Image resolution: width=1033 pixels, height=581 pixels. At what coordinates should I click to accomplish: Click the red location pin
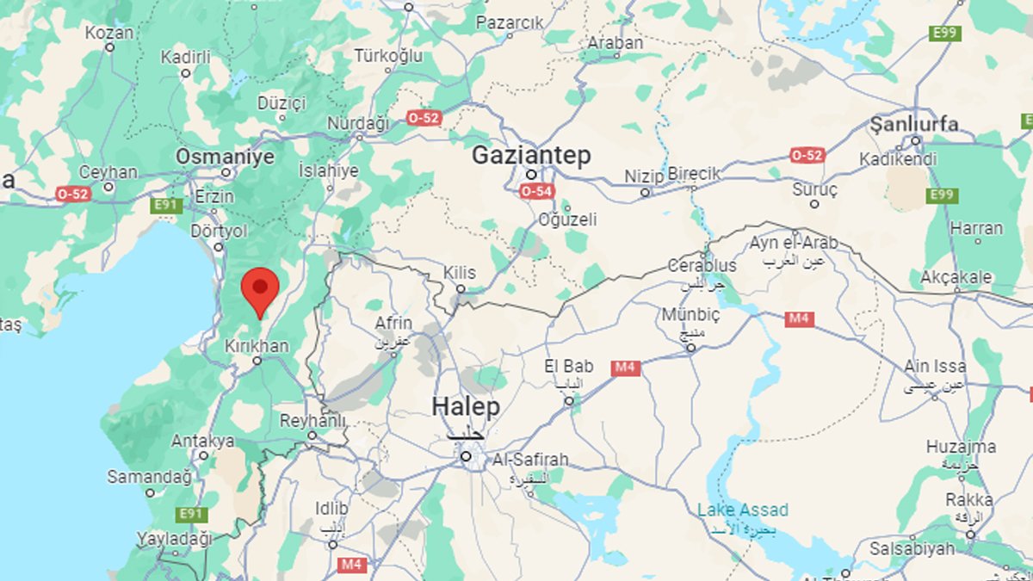tap(260, 290)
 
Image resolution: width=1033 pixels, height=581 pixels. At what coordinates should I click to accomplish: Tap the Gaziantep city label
tap(531, 156)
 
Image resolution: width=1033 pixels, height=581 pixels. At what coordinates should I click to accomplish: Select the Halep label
tap(465, 406)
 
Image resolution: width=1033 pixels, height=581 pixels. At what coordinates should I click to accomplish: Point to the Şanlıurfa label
tap(914, 124)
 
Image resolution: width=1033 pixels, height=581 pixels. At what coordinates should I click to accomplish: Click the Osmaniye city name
tap(225, 157)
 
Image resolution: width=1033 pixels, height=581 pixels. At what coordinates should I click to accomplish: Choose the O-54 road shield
tap(536, 191)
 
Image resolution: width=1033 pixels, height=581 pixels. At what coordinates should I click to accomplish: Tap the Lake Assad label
tap(742, 510)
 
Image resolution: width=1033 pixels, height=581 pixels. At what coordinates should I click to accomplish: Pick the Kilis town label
tap(460, 272)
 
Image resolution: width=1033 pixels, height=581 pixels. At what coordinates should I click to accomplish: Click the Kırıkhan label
tap(256, 344)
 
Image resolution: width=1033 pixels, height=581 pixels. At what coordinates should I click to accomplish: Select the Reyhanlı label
tap(312, 421)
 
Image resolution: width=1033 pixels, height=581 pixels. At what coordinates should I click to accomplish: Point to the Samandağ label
tap(142, 476)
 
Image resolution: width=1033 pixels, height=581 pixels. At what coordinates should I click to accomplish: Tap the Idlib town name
tap(331, 508)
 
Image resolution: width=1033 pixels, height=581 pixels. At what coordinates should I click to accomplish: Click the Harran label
tap(976, 228)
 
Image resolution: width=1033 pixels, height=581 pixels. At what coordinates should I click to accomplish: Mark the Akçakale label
tap(956, 277)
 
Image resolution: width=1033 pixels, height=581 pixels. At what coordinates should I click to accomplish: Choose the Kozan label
tap(109, 33)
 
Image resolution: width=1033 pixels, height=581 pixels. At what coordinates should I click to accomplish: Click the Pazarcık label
tap(510, 23)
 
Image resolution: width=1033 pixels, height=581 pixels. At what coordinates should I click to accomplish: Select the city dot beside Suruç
tap(814, 204)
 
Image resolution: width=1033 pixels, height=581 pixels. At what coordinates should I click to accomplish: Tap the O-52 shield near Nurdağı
tap(424, 117)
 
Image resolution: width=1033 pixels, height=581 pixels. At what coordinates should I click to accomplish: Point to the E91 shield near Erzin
tap(166, 205)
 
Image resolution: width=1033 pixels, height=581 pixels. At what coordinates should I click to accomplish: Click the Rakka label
tap(969, 500)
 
